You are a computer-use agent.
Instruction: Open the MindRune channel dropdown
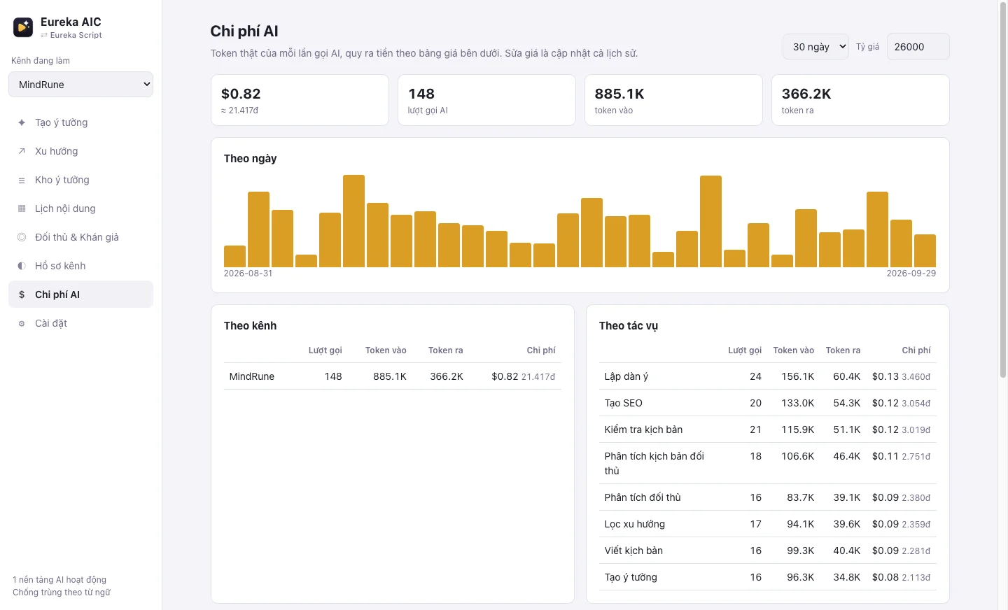(x=80, y=85)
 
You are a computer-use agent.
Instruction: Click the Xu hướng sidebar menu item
(x=56, y=151)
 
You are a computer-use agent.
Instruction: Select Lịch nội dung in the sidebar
(x=65, y=208)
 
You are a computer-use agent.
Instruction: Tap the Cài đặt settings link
(x=51, y=323)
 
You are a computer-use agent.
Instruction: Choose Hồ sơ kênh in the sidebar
(x=60, y=266)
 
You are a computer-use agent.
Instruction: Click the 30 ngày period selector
(x=815, y=47)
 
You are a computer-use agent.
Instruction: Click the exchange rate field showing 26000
(x=918, y=47)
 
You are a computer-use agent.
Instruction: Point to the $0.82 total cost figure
(x=241, y=94)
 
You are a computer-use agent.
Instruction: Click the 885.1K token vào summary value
(x=619, y=94)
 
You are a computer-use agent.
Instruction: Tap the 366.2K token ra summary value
(x=806, y=94)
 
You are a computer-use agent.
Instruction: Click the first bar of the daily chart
(x=234, y=257)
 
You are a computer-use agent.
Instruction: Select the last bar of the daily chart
(x=925, y=250)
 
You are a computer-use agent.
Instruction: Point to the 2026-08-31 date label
(x=248, y=274)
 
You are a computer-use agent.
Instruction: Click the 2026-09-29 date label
(x=911, y=274)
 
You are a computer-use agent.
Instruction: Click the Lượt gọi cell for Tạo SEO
(x=755, y=403)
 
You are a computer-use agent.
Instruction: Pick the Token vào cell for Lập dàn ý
(x=797, y=376)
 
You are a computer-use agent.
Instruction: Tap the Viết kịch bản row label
(x=633, y=551)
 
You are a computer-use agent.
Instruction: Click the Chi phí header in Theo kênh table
(x=541, y=350)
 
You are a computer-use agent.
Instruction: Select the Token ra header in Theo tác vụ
(x=843, y=350)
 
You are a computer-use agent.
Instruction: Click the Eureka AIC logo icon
(x=23, y=27)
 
